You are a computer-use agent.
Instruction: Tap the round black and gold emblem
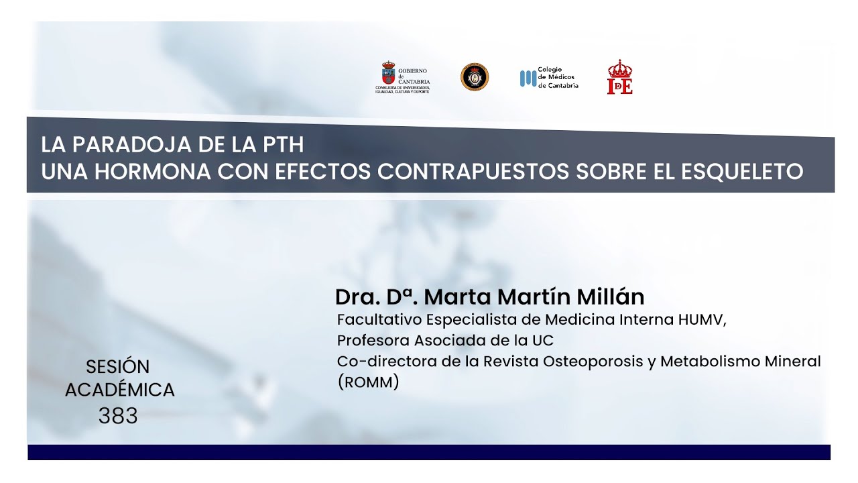click(x=475, y=76)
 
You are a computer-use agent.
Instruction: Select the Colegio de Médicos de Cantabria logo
click(x=549, y=78)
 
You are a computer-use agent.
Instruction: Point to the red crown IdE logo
click(x=619, y=77)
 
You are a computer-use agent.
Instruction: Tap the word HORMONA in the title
click(x=154, y=172)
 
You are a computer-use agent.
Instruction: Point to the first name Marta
click(x=456, y=297)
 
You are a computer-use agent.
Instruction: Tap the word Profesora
click(x=371, y=340)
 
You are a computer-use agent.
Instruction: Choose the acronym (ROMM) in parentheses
click(x=368, y=383)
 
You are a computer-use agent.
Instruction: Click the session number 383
click(x=118, y=416)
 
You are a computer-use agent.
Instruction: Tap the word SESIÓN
click(x=118, y=367)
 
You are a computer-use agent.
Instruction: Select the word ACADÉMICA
click(x=119, y=390)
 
